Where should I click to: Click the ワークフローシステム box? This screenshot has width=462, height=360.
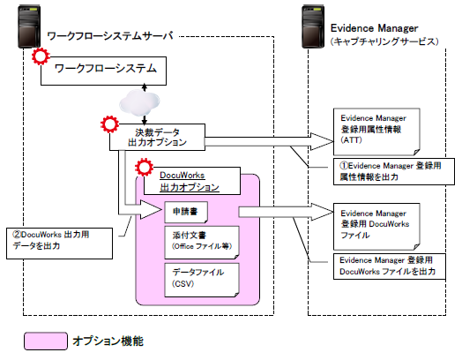coord(106,68)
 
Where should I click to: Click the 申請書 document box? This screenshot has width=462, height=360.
coord(198,213)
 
